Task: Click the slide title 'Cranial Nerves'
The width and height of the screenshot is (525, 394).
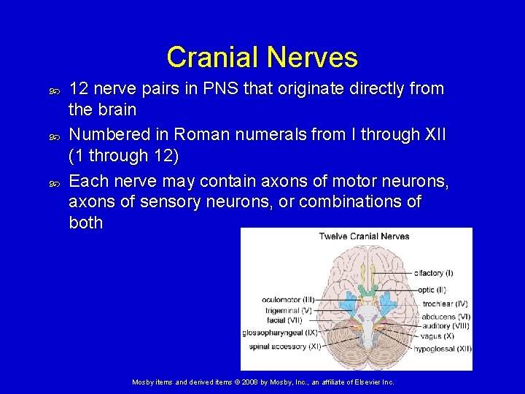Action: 262,57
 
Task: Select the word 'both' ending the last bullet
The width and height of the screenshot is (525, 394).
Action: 85,223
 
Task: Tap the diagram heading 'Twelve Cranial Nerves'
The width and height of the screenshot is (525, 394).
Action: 364,236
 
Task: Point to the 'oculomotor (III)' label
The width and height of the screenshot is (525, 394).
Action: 288,300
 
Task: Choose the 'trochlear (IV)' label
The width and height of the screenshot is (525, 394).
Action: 445,304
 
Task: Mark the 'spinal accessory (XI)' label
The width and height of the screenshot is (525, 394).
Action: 285,347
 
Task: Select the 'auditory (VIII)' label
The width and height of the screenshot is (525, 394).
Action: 446,326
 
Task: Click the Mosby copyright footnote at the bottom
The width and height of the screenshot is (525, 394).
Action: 262,382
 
